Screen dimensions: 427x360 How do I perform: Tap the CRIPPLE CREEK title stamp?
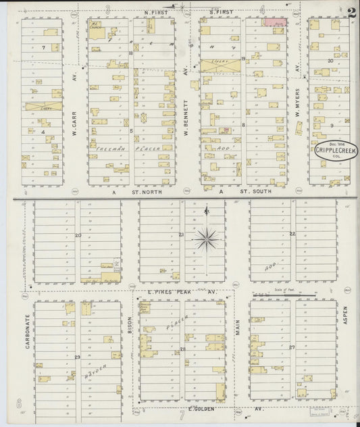(x=336, y=151)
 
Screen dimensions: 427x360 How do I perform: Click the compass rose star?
(x=207, y=238)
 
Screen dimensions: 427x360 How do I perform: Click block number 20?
(x=78, y=235)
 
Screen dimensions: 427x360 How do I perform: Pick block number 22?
(x=292, y=234)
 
